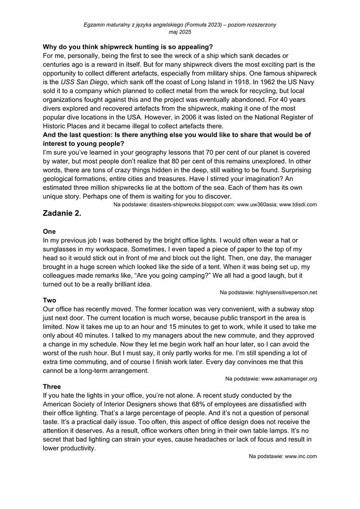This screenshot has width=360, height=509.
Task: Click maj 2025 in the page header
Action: tap(180, 33)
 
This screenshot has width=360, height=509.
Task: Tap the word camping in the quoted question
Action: tap(184, 275)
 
